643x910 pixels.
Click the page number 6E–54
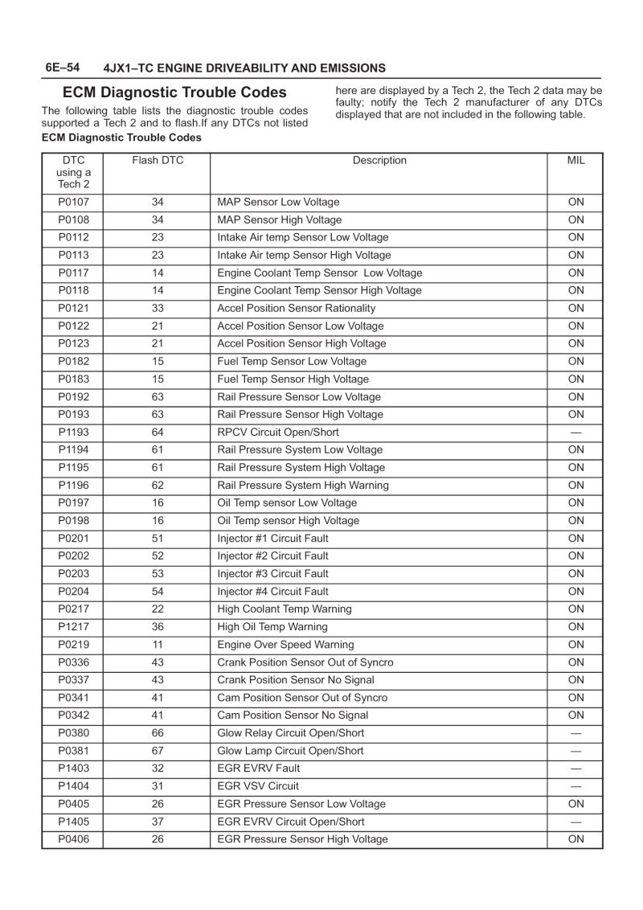[x=63, y=68]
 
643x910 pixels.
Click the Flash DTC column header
[x=158, y=161]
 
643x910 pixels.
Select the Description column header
[x=379, y=161]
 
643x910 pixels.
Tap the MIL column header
[x=575, y=161]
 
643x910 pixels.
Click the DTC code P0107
[x=73, y=203]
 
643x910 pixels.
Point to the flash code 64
[x=158, y=432]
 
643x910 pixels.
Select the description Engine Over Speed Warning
[x=285, y=645]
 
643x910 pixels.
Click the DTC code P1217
[x=73, y=627]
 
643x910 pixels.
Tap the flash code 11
[x=158, y=645]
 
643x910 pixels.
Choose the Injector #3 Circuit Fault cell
[x=272, y=574]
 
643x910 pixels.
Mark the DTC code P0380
[x=73, y=733]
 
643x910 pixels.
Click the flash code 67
[x=158, y=751]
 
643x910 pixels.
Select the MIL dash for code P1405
[x=575, y=822]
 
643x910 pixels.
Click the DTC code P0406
[x=73, y=839]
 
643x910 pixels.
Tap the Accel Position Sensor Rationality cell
[x=296, y=309]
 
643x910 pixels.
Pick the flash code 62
[x=158, y=486]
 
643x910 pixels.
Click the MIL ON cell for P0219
[x=575, y=645]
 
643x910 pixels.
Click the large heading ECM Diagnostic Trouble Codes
[x=174, y=92]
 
